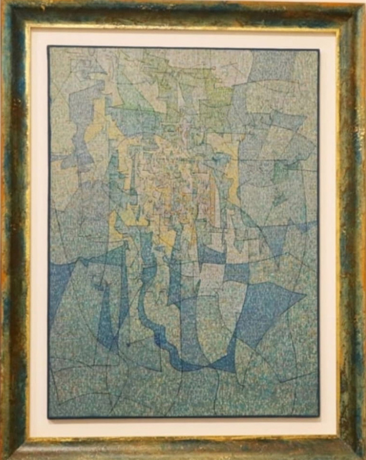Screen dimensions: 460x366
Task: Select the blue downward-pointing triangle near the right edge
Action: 274,238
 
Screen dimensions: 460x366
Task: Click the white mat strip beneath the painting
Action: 183,427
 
